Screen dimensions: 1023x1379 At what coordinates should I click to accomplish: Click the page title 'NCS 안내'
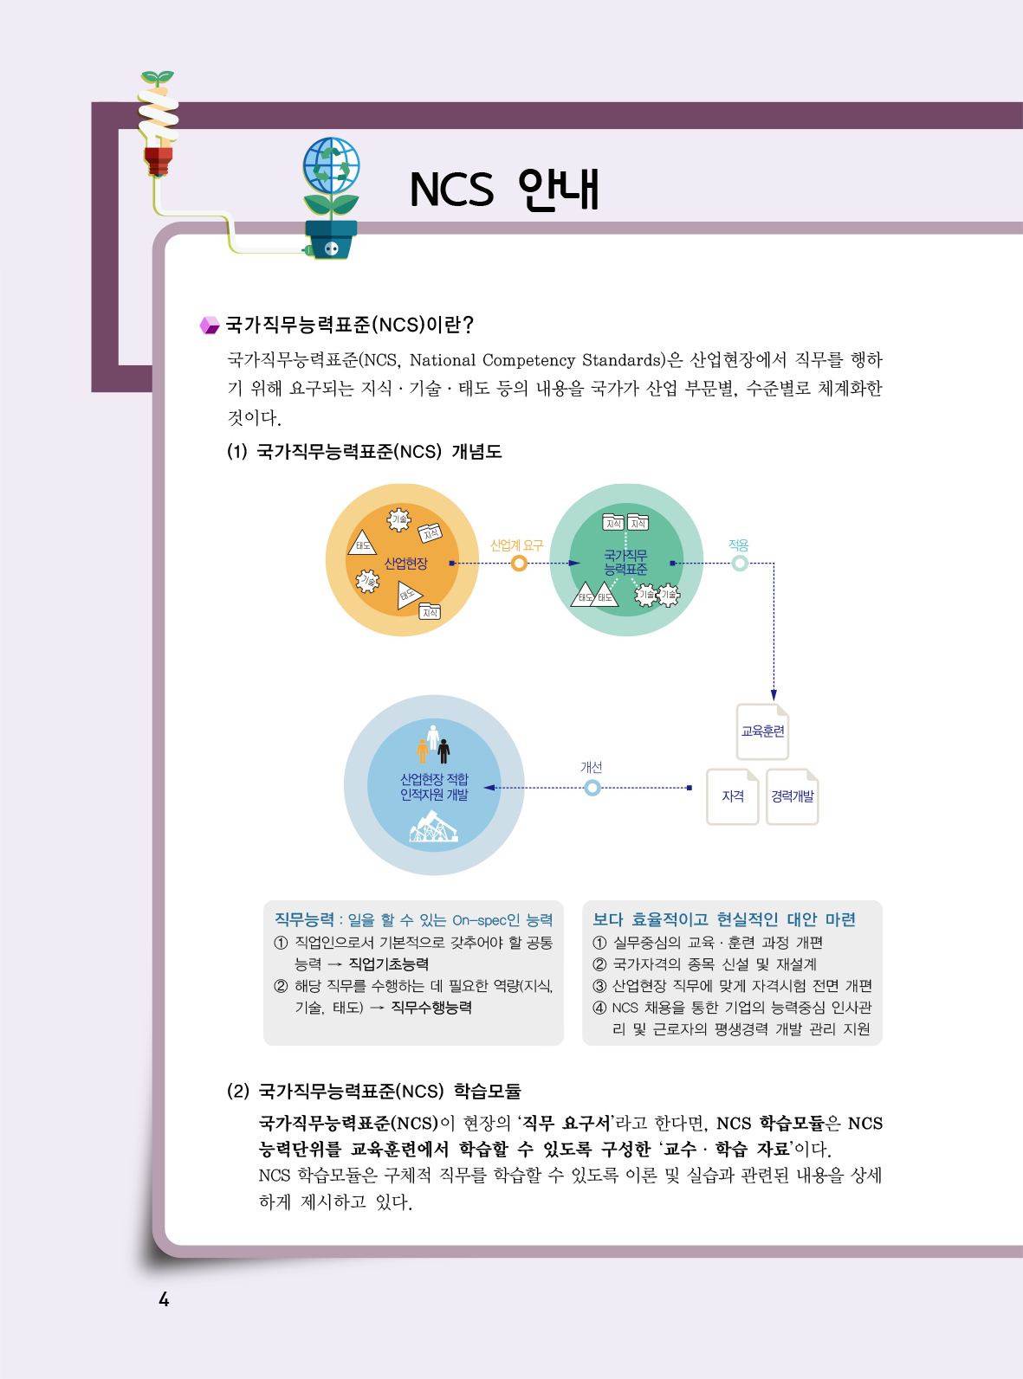tap(504, 189)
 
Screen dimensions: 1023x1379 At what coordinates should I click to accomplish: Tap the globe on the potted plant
tap(331, 165)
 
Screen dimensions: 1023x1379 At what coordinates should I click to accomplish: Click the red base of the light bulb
tap(158, 161)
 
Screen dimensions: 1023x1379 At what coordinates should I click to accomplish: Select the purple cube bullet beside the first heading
tap(210, 325)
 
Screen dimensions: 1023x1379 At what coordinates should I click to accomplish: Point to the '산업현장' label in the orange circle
tap(405, 564)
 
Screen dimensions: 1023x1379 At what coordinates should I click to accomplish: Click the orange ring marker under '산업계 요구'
tap(519, 564)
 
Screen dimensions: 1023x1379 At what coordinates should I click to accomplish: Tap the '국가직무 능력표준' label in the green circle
tap(625, 562)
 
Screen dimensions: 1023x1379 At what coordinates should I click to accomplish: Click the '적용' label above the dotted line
tap(739, 545)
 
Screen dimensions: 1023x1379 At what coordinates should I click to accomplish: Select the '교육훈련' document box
tap(762, 731)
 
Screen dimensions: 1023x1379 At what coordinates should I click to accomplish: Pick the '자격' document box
tap(733, 796)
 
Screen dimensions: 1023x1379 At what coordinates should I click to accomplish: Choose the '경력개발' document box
tap(792, 796)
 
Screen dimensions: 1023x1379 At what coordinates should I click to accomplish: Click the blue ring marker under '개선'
tap(592, 788)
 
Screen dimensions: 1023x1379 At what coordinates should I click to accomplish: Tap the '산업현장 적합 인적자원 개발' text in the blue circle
tap(434, 787)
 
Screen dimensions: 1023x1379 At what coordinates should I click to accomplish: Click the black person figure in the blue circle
tap(444, 751)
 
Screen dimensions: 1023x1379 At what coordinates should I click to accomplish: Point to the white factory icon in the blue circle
tap(434, 827)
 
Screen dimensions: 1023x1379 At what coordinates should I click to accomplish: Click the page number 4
tap(164, 1299)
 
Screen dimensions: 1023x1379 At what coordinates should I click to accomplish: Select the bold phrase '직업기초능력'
tap(388, 964)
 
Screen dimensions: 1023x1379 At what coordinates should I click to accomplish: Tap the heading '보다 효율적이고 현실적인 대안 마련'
tap(723, 919)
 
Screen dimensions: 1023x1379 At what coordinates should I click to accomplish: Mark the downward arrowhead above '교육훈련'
tap(774, 695)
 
